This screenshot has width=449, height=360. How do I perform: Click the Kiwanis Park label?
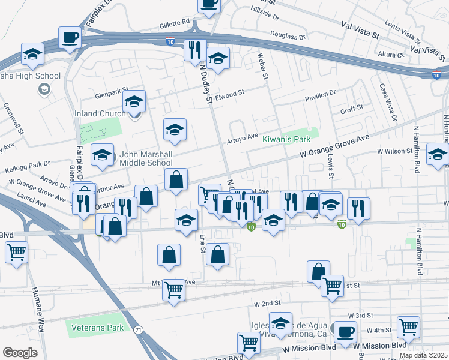[x=286, y=139]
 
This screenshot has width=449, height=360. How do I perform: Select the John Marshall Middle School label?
[x=146, y=158]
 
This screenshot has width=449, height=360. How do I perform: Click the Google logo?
[x=20, y=353]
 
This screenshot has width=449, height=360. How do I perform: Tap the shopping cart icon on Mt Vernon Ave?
[x=173, y=290]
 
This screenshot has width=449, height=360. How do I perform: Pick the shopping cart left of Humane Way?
[x=16, y=252]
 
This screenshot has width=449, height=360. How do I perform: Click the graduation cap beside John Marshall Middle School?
[x=103, y=155]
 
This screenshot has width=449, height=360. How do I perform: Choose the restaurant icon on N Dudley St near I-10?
[x=194, y=51]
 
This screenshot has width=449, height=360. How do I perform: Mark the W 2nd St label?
[x=267, y=304]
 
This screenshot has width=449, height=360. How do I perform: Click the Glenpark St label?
[x=112, y=96]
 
